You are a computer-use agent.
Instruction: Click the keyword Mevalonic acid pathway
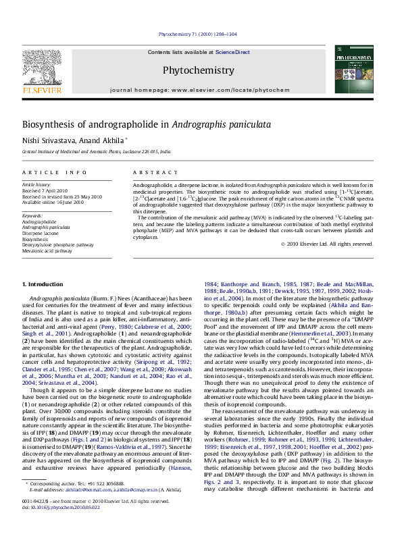47,250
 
